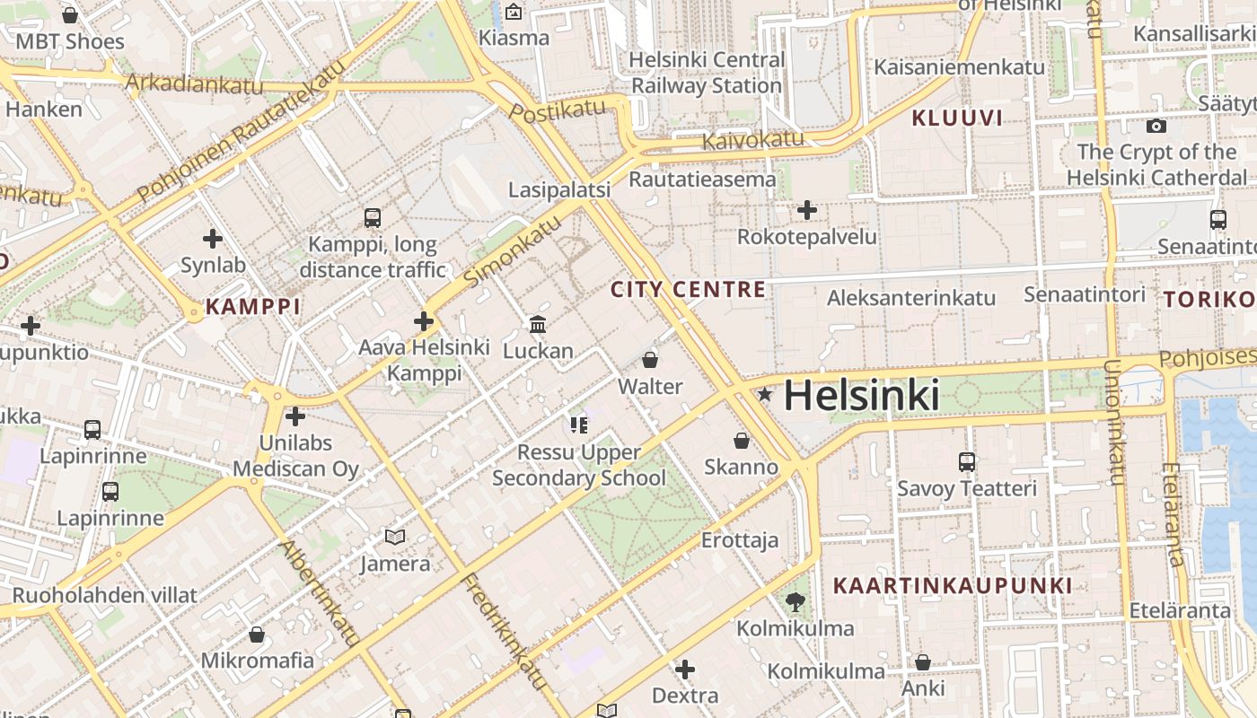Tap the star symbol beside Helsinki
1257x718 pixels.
[x=765, y=394]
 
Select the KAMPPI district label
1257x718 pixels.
[x=253, y=307]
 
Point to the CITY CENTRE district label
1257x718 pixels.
[x=689, y=290]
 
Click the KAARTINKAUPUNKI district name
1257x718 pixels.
[x=953, y=586]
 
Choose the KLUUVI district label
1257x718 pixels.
[x=957, y=118]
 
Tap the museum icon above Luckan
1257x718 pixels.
[x=538, y=324]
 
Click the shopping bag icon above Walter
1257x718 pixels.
[x=650, y=360]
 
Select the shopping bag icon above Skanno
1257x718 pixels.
[x=742, y=440]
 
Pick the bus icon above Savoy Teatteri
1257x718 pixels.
[x=967, y=461]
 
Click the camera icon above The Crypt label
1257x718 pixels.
[x=1156, y=126]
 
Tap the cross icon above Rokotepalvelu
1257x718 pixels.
[x=807, y=210]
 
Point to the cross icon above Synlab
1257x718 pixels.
[x=213, y=239]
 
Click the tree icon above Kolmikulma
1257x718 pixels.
[x=795, y=600]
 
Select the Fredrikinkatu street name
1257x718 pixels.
[x=505, y=632]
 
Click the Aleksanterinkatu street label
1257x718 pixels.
[x=911, y=298]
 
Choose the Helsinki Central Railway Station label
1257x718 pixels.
[x=707, y=73]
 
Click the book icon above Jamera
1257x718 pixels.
[x=395, y=537]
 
